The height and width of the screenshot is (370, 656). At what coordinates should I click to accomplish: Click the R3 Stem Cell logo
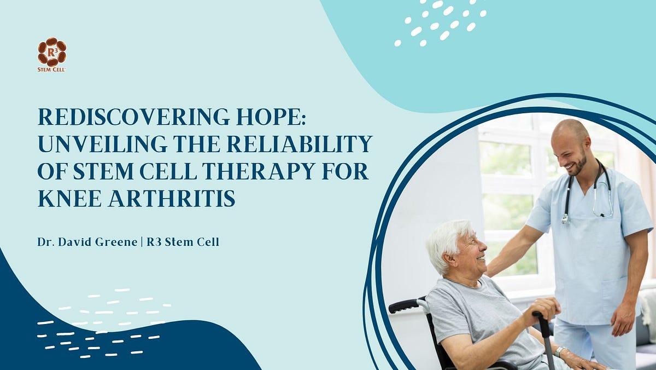(x=52, y=55)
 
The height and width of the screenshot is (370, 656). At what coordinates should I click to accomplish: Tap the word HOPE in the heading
(x=271, y=117)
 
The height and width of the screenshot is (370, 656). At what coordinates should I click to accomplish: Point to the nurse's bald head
(x=570, y=129)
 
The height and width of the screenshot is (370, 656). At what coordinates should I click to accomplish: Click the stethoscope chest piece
(x=565, y=219)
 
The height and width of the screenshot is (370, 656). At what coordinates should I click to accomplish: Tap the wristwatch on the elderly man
(x=560, y=351)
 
